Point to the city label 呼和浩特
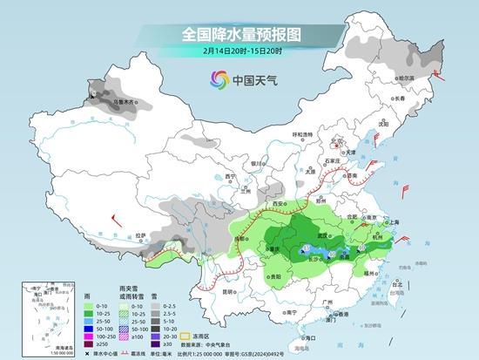point(301,134)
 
